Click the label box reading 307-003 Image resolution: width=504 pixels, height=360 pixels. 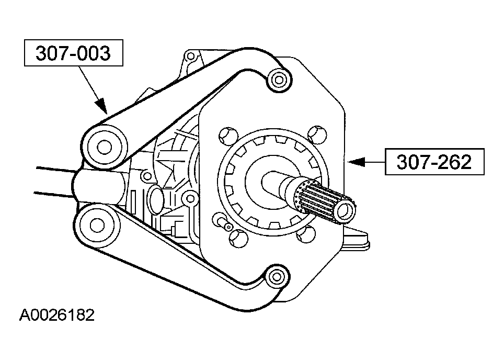(74, 53)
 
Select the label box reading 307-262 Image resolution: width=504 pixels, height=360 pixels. (434, 163)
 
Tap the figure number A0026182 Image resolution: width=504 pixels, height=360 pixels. (57, 316)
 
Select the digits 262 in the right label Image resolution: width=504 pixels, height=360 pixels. (452, 163)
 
